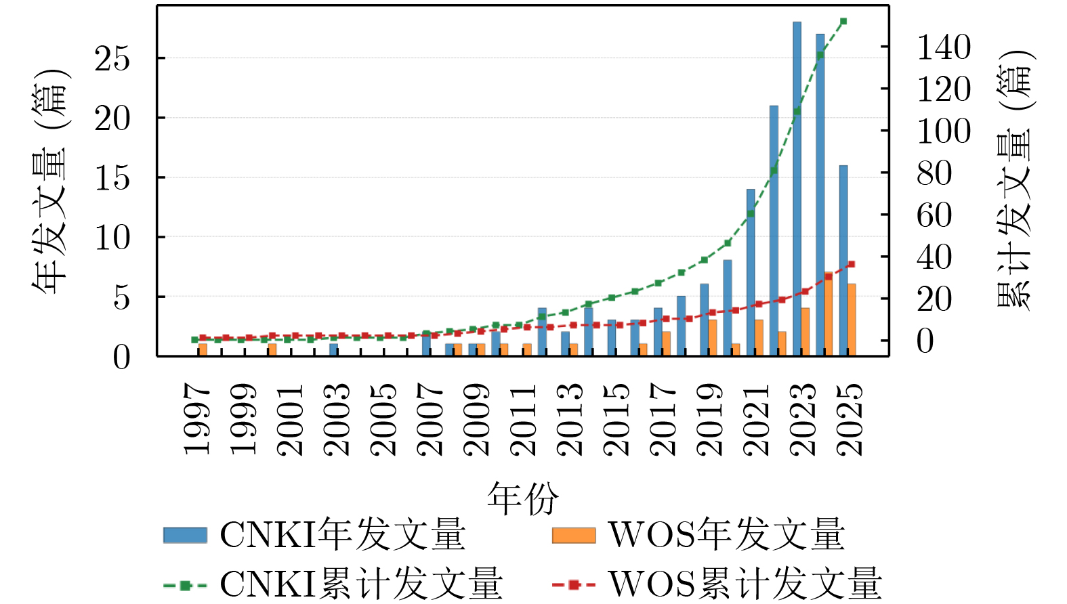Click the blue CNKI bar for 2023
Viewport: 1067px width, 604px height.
797,190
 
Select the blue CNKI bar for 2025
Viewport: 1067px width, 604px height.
843,261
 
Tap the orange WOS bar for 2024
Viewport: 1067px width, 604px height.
829,314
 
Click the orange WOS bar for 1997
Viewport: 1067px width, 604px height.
203,349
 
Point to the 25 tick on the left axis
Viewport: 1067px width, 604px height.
112,59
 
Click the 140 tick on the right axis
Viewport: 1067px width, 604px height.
944,47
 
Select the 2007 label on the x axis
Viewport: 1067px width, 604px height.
430,419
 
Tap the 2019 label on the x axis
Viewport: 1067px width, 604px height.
709,419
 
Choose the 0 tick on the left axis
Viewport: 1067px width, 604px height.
122,357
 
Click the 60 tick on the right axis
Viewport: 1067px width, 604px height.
934,215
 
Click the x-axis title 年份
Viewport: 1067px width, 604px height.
522,499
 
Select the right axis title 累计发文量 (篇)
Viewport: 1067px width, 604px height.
1014,179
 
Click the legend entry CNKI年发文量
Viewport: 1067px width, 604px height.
314,535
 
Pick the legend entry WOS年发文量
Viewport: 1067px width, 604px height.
698,535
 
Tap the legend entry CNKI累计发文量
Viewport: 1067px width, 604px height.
333,584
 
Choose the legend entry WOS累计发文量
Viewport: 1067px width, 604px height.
717,584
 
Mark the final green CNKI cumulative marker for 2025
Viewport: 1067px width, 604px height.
843,22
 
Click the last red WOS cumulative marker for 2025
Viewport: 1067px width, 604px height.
852,264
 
